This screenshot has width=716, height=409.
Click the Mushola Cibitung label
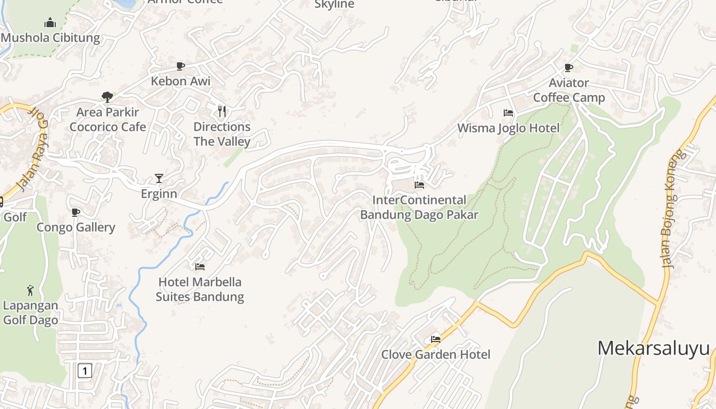coord(50,38)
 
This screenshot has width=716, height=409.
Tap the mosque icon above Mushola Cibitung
coord(50,23)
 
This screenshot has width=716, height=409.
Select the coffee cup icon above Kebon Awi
coord(180,66)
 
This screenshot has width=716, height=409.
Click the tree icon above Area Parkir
coord(107,97)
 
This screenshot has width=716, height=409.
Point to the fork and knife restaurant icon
coord(222,111)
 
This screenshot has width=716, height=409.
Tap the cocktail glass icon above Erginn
coord(159,178)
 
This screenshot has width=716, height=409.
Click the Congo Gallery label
coord(76,227)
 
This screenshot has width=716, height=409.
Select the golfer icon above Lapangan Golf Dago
coord(30,290)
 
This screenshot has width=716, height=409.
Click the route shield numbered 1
coord(85,370)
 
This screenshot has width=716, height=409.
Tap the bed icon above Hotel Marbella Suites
coord(200,267)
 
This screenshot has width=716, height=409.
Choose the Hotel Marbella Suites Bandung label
coord(199,289)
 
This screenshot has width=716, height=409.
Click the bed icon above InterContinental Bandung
coord(419,185)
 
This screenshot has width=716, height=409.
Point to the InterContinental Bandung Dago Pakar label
coord(419,207)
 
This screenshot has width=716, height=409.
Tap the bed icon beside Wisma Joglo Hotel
coord(508,113)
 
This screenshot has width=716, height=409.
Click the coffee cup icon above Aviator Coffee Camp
coord(569,67)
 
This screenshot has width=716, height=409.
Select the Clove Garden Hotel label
coord(436,354)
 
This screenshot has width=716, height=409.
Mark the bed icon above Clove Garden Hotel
coord(436,339)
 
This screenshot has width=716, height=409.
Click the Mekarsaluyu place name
coord(654,348)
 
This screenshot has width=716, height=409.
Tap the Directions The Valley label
coord(222,134)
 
